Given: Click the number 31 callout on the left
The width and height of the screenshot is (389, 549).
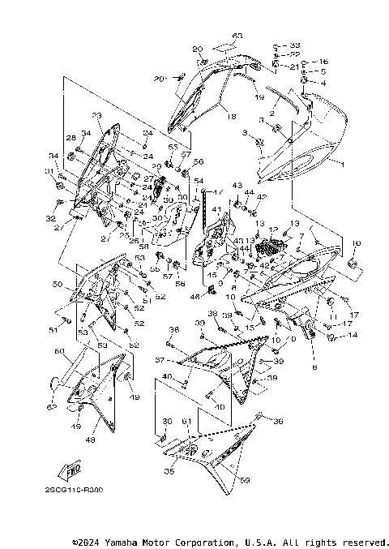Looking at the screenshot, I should [49, 171].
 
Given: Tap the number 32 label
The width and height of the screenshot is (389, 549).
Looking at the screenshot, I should [50, 219].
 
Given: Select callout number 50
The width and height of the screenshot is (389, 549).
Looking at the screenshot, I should [57, 285].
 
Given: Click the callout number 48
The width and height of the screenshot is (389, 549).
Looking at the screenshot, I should [90, 440].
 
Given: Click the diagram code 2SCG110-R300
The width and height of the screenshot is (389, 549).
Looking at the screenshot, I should [80, 489].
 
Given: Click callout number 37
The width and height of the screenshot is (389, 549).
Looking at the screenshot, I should [160, 359].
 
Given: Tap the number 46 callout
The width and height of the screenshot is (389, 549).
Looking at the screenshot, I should [194, 297].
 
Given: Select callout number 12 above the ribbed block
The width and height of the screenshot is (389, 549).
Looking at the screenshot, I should [273, 229].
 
